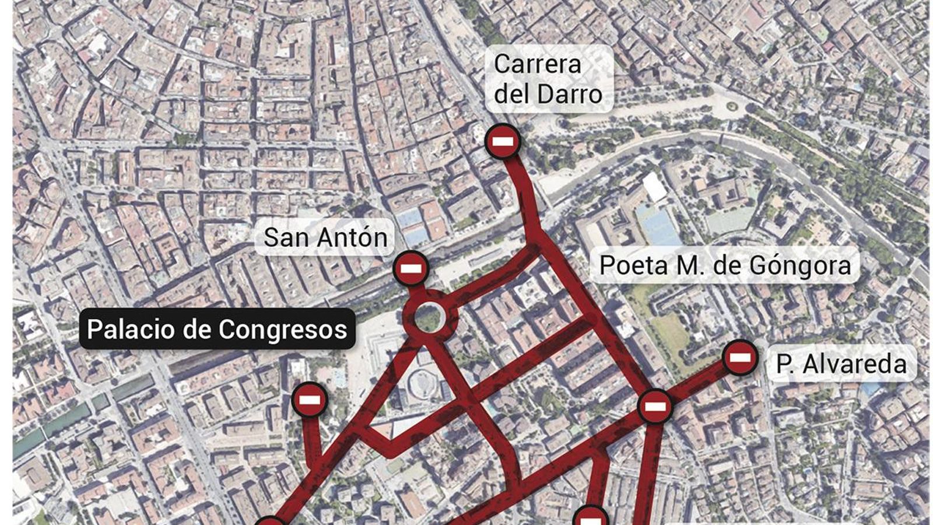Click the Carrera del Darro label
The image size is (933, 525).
click(548, 79)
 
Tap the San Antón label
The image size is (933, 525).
click(325, 237)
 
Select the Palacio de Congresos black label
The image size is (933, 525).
click(217, 329)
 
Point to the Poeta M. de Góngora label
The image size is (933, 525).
click(725, 265)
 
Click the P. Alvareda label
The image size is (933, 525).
click(841, 364)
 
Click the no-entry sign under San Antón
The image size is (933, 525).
click(411, 269)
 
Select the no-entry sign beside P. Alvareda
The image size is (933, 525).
click(740, 357)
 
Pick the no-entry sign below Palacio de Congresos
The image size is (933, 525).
click(309, 400)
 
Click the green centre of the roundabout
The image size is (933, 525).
click(429, 317)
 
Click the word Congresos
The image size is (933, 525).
click(282, 330)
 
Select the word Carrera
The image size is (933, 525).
click(538, 64)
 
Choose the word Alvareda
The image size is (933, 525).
click(854, 364)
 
